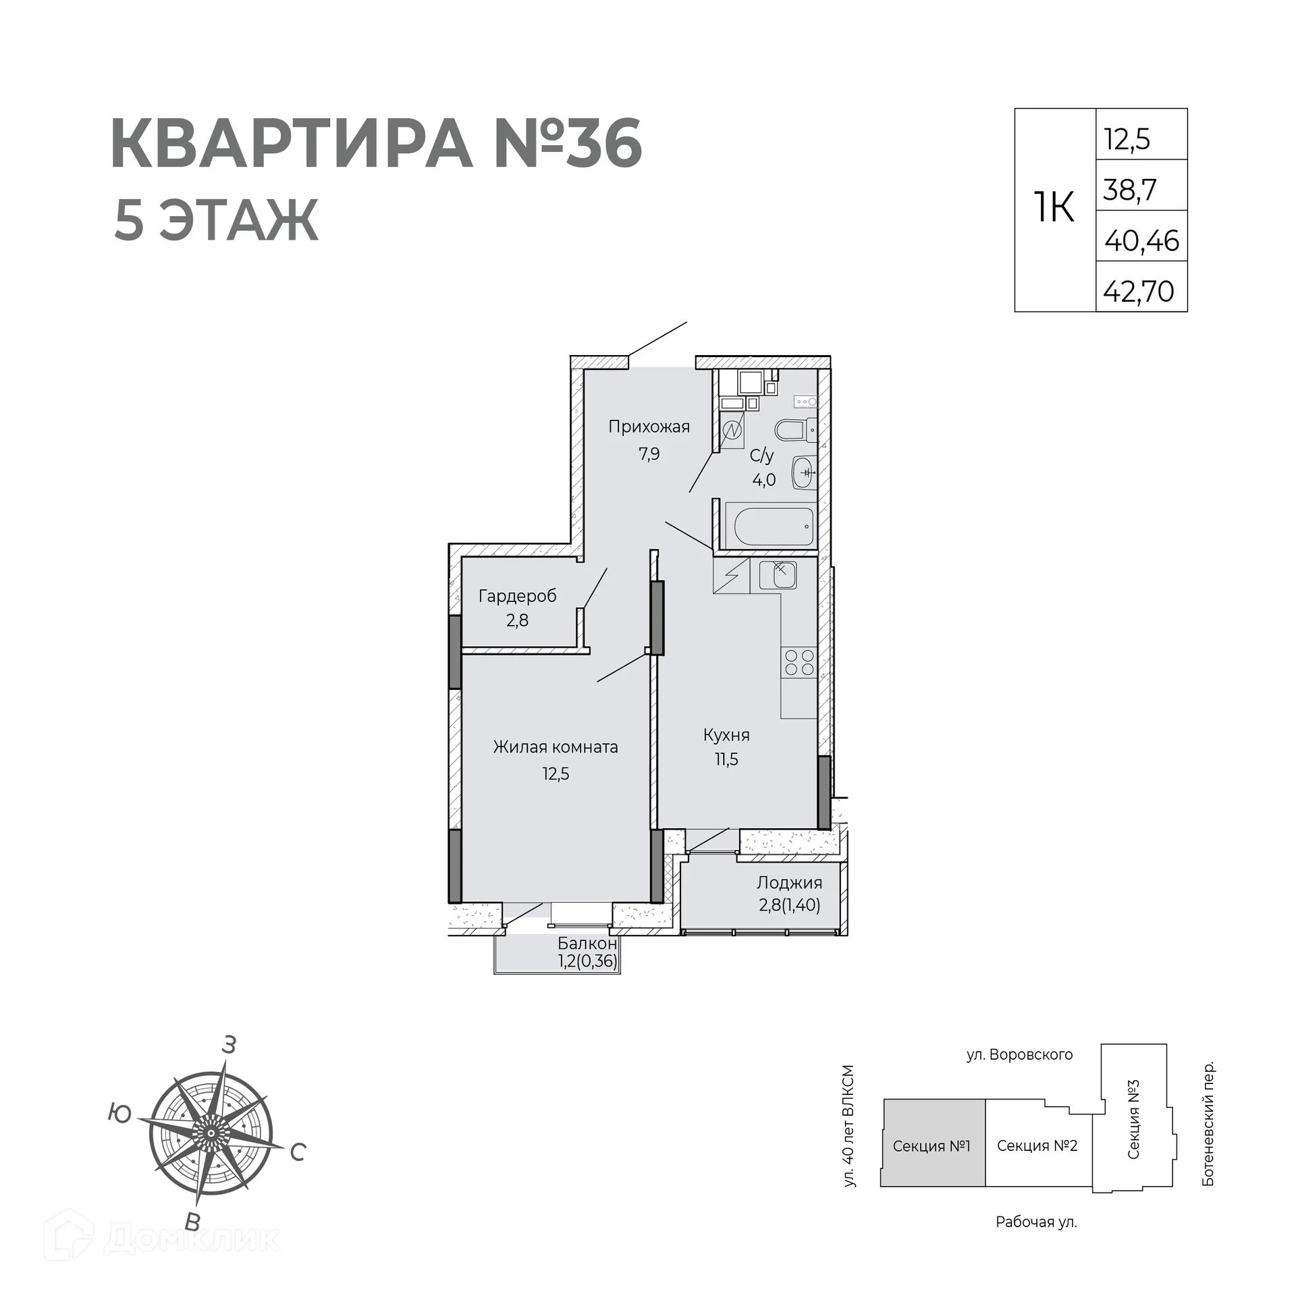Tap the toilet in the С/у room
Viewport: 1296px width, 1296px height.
pyautogui.click(x=792, y=429)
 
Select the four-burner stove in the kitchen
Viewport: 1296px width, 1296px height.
pyautogui.click(x=799, y=661)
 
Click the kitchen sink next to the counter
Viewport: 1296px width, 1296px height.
pyautogui.click(x=778, y=575)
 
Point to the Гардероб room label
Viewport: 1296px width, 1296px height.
pyautogui.click(x=518, y=596)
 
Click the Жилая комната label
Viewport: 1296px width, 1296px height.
pyautogui.click(x=556, y=747)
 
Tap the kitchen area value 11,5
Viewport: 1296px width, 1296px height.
pyautogui.click(x=727, y=759)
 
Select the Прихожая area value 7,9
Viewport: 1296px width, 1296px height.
pyautogui.click(x=649, y=454)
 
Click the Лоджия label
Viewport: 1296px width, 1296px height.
pyautogui.click(x=789, y=883)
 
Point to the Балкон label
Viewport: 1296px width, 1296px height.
pyautogui.click(x=587, y=944)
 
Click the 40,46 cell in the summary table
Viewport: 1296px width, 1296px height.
pyautogui.click(x=1141, y=241)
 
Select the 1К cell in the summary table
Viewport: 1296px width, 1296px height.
pyautogui.click(x=1054, y=208)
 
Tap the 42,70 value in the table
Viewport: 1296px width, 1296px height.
pyautogui.click(x=1139, y=292)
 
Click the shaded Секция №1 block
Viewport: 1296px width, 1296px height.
pyautogui.click(x=932, y=1145)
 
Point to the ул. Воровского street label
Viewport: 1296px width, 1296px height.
pyautogui.click(x=1019, y=1054)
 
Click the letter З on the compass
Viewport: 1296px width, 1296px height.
pyautogui.click(x=230, y=1045)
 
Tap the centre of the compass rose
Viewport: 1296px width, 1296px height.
pyautogui.click(x=211, y=1133)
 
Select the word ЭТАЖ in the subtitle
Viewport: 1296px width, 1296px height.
pyautogui.click(x=238, y=220)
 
